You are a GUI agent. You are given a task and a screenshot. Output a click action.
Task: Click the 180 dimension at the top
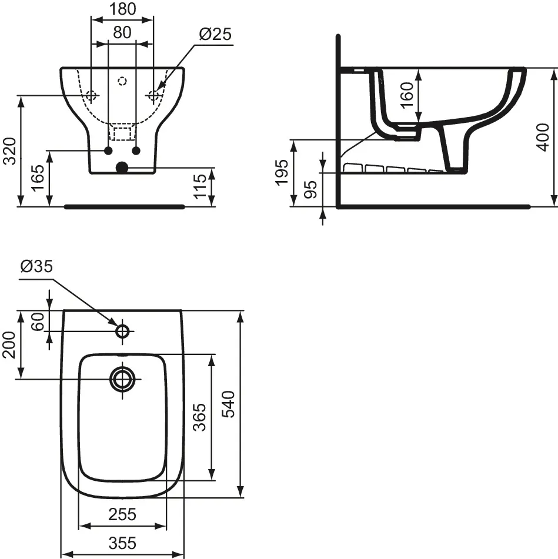(x=122, y=9)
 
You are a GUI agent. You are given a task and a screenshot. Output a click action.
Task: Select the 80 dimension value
(x=122, y=33)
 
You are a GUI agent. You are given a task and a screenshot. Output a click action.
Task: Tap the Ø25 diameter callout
(x=215, y=35)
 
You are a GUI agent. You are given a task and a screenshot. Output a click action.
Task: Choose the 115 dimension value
(x=202, y=187)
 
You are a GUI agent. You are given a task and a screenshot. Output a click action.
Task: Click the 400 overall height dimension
(x=544, y=137)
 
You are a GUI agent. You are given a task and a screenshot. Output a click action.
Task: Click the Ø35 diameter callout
(x=36, y=267)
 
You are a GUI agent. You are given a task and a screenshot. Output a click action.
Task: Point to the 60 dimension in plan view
(x=38, y=321)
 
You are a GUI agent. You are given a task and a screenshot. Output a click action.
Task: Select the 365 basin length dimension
(x=200, y=417)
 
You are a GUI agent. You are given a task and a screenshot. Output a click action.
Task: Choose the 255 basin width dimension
(x=122, y=515)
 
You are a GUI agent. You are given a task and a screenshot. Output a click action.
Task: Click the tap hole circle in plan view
(x=122, y=331)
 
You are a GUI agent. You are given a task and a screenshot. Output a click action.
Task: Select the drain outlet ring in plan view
(x=122, y=379)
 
